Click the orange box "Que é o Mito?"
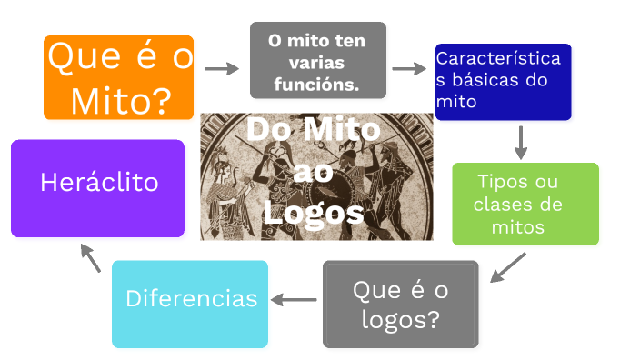tap(119, 77)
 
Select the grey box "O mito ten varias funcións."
tap(317, 60)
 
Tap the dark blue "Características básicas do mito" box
tap(503, 82)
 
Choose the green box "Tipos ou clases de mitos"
tap(525, 204)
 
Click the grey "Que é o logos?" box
tap(400, 305)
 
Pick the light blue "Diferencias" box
tap(190, 304)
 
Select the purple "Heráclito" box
tap(98, 188)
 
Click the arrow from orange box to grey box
tap(220, 68)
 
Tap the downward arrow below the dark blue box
tap(521, 142)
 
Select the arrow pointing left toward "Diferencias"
tap(295, 298)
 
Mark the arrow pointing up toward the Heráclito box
tap(90, 257)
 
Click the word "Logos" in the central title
tap(313, 213)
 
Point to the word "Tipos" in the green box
tap(501, 182)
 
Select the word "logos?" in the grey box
tap(399, 319)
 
